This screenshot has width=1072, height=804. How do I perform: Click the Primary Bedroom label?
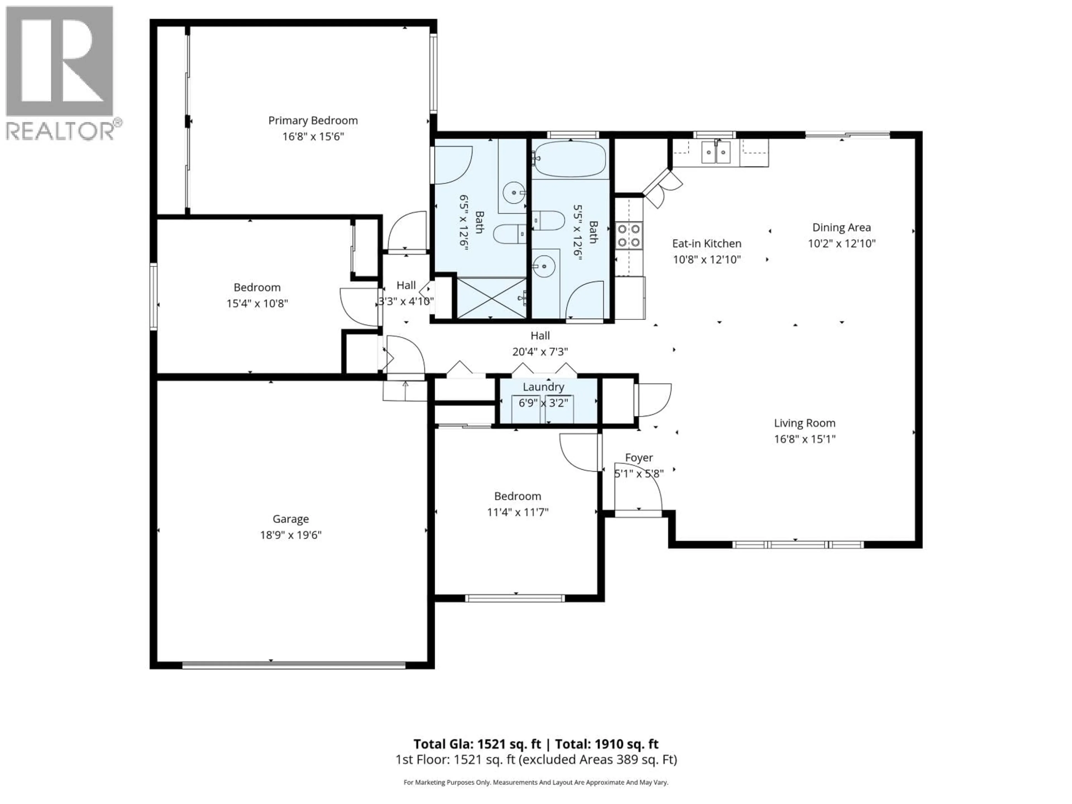tap(313, 121)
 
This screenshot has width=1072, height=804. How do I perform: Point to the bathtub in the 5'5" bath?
tap(570, 159)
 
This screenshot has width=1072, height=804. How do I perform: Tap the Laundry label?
tap(543, 387)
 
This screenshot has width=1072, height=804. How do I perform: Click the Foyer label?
tap(639, 458)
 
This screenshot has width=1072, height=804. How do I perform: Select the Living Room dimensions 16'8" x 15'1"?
tap(805, 439)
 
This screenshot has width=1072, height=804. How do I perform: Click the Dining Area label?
tap(841, 227)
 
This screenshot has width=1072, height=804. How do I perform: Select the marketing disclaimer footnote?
tap(535, 782)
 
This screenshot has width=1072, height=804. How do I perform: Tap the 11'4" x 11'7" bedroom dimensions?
tap(518, 512)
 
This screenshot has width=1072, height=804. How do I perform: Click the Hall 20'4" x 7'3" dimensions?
tap(540, 352)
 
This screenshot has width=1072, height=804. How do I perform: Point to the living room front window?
tap(797, 545)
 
